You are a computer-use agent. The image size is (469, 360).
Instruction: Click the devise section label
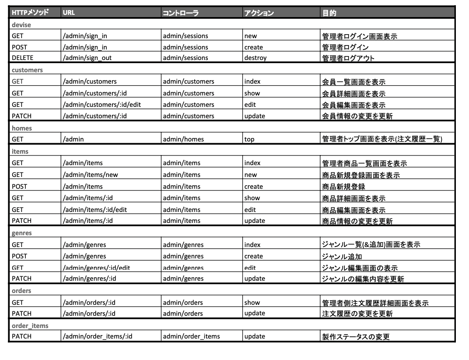[21, 25]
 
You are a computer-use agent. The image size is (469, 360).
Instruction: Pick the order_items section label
[30, 326]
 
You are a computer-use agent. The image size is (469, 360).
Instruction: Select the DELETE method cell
[22, 57]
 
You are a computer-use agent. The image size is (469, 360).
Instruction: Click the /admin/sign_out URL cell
[87, 57]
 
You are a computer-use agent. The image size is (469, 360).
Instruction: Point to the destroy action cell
[255, 57]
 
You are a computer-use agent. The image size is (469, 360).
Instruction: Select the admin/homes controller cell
[183, 139]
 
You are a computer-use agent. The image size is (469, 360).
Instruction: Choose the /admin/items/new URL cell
[90, 175]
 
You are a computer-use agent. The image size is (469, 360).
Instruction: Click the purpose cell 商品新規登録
[343, 187]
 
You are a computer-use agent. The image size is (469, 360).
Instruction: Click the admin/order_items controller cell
[191, 336]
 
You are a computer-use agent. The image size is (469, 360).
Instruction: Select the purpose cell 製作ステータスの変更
[355, 336]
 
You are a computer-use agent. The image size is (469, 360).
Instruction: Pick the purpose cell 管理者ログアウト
[348, 57]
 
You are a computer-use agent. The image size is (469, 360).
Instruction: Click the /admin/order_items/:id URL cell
[98, 336]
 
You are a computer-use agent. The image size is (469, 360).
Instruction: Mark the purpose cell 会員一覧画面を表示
[353, 81]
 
